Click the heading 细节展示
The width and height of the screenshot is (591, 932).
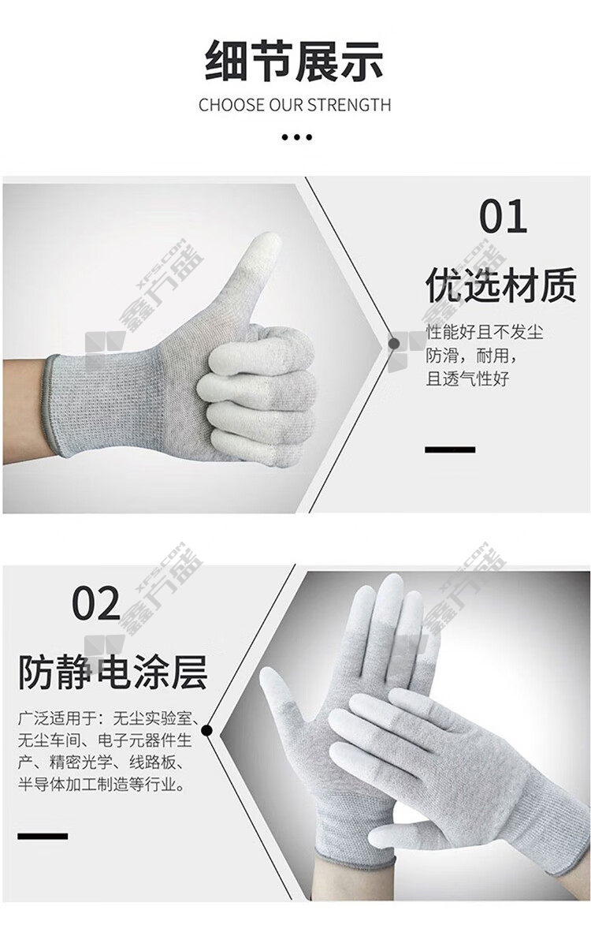(295, 62)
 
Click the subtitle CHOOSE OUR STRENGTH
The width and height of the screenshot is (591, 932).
(295, 105)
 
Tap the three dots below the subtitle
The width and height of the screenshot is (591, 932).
(295, 137)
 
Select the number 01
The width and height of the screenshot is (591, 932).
(503, 216)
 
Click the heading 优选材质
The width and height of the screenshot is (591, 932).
(500, 286)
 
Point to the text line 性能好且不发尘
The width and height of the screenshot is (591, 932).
(485, 331)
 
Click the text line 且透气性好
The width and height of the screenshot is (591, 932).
(467, 378)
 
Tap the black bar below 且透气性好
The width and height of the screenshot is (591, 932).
(450, 450)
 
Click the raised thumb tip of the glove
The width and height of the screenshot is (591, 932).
(266, 243)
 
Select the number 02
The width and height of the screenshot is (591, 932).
(96, 603)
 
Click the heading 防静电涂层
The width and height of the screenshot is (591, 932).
(113, 672)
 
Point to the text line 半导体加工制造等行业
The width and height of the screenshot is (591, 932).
(101, 785)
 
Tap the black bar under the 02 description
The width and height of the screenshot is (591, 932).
(43, 837)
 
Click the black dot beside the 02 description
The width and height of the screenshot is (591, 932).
(206, 730)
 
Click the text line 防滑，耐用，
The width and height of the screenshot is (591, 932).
(472, 356)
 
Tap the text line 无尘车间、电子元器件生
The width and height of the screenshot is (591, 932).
(105, 741)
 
